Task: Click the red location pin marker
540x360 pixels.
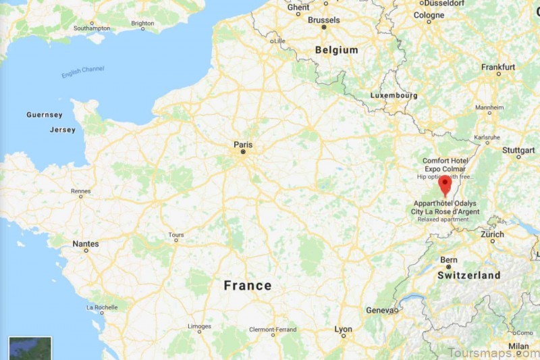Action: click(x=444, y=184)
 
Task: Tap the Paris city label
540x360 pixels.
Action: click(x=243, y=144)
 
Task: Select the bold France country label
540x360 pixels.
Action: click(x=248, y=286)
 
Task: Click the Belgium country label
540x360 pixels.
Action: click(x=335, y=50)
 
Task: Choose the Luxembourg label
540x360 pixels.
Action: click(x=394, y=95)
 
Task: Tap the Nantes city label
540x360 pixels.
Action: click(x=86, y=244)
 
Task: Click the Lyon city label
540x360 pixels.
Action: click(x=343, y=330)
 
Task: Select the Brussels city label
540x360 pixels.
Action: click(x=323, y=20)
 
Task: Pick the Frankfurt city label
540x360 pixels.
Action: click(x=498, y=67)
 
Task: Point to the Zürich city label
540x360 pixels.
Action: click(x=492, y=235)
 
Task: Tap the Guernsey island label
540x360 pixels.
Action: click(x=44, y=115)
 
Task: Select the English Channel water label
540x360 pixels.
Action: click(x=83, y=72)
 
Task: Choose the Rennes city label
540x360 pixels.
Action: click(x=80, y=190)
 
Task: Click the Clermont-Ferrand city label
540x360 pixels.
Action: click(x=273, y=329)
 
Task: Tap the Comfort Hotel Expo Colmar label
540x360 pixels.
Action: click(x=446, y=164)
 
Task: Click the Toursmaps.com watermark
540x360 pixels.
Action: click(x=491, y=351)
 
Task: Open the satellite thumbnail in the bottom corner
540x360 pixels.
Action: click(x=30, y=348)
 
